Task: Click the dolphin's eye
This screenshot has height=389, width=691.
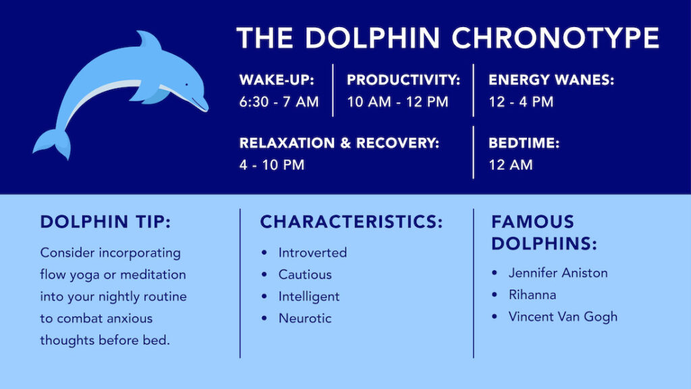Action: (x=186, y=84)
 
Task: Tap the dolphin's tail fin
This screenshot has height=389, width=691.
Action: (x=52, y=143)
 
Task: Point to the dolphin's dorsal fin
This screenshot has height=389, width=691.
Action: (x=149, y=40)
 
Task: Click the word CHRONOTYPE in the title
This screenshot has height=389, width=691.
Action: (x=555, y=38)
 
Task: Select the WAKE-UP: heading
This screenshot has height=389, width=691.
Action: (x=277, y=80)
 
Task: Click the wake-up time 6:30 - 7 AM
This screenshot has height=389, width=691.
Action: (x=279, y=102)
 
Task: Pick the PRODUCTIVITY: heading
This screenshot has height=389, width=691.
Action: (x=404, y=80)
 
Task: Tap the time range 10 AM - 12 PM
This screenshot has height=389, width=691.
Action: (x=397, y=102)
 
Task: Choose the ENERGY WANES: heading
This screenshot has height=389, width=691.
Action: (x=551, y=80)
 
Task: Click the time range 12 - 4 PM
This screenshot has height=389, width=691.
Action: (x=521, y=102)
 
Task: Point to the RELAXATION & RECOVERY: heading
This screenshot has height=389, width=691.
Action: (x=339, y=143)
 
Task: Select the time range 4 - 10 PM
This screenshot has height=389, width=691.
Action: (x=272, y=165)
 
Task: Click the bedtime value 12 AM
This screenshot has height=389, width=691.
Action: (x=510, y=165)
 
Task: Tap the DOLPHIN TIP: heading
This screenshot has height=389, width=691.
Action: (x=105, y=222)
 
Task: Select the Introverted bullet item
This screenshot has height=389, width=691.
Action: (x=312, y=253)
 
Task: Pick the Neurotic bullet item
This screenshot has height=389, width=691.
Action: (x=305, y=319)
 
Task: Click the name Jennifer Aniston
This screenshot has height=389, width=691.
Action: (x=558, y=273)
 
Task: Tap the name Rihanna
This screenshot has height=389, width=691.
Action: (x=532, y=294)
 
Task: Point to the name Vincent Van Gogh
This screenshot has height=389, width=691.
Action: (x=563, y=317)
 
